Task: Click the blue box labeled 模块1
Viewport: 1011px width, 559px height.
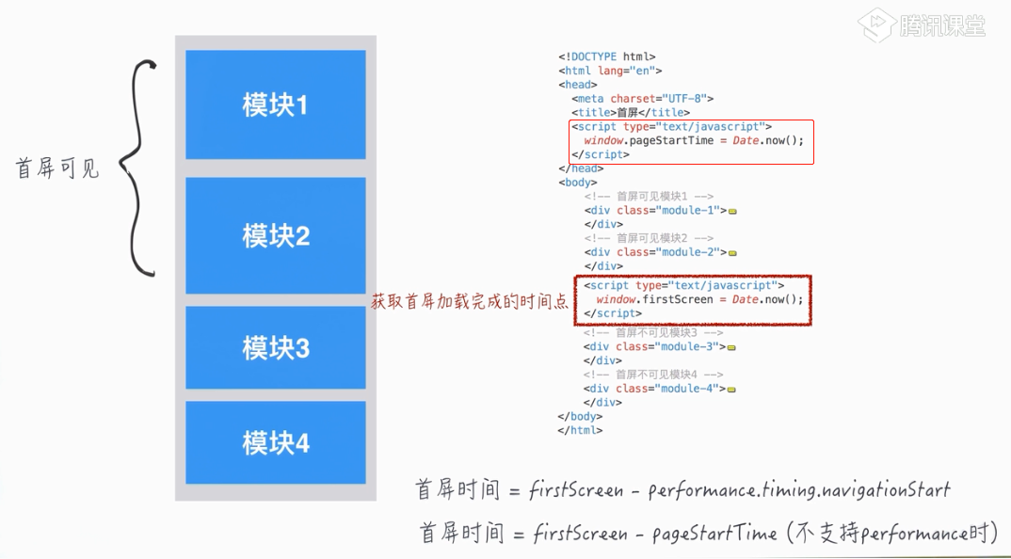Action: pos(275,104)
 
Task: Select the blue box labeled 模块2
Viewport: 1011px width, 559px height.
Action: pos(275,235)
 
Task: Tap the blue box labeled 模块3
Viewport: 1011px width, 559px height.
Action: pos(275,348)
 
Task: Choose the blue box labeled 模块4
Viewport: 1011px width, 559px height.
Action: pos(275,442)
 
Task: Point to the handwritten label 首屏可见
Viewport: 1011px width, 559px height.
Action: pos(57,169)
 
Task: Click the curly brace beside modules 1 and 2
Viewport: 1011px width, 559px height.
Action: pos(142,169)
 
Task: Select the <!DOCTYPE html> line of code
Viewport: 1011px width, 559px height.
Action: pos(606,57)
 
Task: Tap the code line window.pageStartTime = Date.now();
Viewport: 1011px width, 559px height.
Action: pos(694,141)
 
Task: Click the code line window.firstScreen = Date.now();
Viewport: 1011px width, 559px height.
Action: pos(694,299)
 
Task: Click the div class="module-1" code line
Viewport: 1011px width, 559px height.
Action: pos(656,211)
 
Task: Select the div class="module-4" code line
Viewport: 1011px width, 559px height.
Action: pos(656,389)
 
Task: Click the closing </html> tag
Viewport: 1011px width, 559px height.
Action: pos(580,431)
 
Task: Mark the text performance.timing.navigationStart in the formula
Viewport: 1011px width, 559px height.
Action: pos(799,490)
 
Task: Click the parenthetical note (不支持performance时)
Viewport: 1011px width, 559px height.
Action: pos(890,534)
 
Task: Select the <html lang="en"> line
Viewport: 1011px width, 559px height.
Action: pos(610,71)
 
